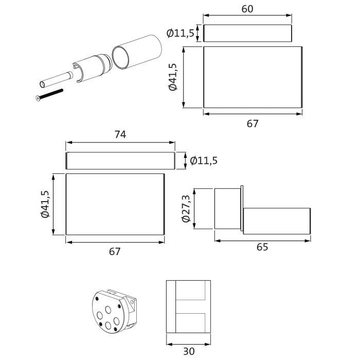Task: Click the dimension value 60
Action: tap(247, 9)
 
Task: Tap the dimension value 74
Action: tap(120, 134)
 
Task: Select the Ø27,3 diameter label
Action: tap(186, 209)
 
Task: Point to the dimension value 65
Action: tap(262, 247)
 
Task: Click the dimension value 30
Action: tap(188, 352)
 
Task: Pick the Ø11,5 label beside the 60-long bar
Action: tap(181, 33)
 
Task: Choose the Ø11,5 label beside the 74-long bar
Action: tap(204, 160)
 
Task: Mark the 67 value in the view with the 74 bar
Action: tap(115, 251)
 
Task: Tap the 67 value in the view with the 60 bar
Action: tap(252, 123)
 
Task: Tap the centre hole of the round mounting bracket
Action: tap(108, 311)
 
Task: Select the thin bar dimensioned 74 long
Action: tap(120, 160)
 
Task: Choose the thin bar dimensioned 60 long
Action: tap(247, 33)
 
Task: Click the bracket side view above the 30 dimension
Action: tap(188, 307)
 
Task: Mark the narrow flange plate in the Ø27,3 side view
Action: tap(241, 209)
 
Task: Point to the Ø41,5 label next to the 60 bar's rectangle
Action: tap(172, 77)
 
